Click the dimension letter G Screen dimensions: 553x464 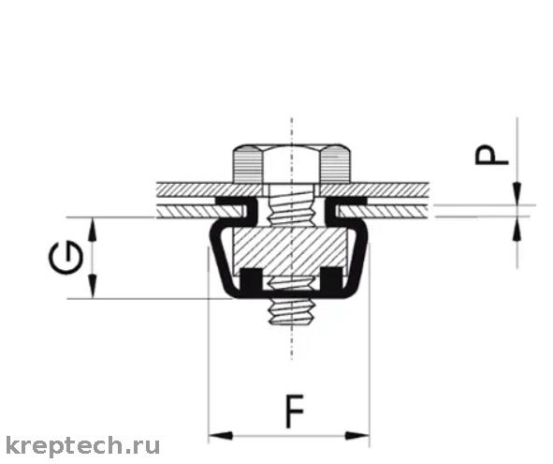click(x=65, y=257)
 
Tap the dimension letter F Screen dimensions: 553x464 click(x=295, y=412)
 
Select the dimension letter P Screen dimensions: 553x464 click(x=491, y=156)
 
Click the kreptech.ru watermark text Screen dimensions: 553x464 click(x=83, y=446)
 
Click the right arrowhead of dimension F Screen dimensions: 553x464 click(x=357, y=435)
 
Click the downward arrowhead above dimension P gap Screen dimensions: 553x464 click(x=517, y=193)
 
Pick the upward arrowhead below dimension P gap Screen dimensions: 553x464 click(x=517, y=229)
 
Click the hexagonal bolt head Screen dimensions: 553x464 click(x=291, y=164)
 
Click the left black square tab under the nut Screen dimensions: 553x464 click(x=251, y=279)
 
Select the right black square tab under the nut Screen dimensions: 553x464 click(x=331, y=279)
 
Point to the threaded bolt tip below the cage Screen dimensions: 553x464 click(x=291, y=312)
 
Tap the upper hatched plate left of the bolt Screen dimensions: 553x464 click(x=210, y=189)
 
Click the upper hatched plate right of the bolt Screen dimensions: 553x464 click(x=374, y=189)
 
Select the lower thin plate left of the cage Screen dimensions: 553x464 click(x=199, y=212)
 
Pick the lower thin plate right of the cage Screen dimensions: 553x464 click(x=384, y=212)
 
